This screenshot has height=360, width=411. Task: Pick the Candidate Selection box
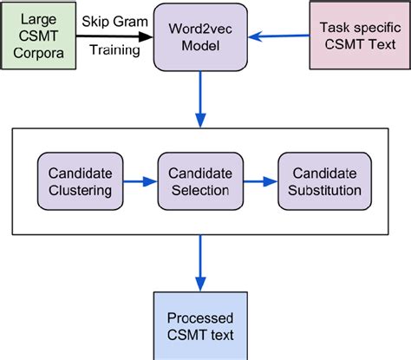[x=199, y=181]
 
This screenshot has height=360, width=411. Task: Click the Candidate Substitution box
[x=319, y=181]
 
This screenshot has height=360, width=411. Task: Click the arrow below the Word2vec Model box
[x=201, y=99]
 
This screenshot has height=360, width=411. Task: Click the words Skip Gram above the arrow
[x=113, y=20]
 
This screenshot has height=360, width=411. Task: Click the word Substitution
[x=319, y=190]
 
